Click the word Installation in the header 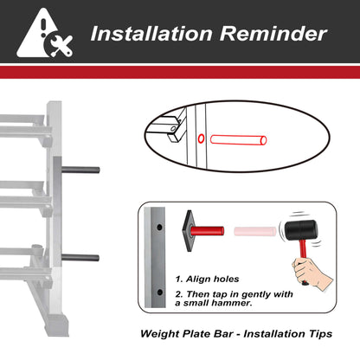tap(151, 34)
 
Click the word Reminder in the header tap(273, 34)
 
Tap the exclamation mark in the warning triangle tap(43, 28)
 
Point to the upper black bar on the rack tap(80, 170)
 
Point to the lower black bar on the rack tap(80, 258)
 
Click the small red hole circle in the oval tap(201, 138)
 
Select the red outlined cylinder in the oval tap(238, 140)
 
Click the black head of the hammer tap(301, 230)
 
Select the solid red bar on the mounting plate tap(207, 231)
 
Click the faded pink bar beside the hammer tap(255, 231)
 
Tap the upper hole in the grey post tap(159, 228)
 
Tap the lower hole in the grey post tap(159, 292)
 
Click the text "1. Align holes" tap(207, 279)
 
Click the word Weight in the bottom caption tap(160, 334)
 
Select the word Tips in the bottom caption tap(321, 334)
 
